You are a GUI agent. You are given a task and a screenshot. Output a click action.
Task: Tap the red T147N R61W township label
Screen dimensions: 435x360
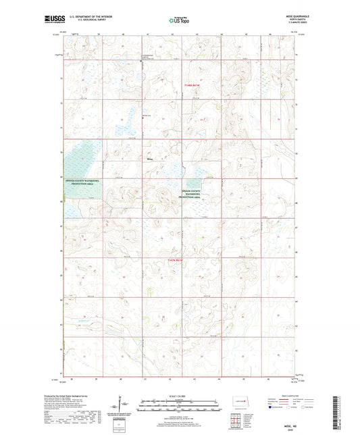192,84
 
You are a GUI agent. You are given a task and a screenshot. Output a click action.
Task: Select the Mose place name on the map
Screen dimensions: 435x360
150,159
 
